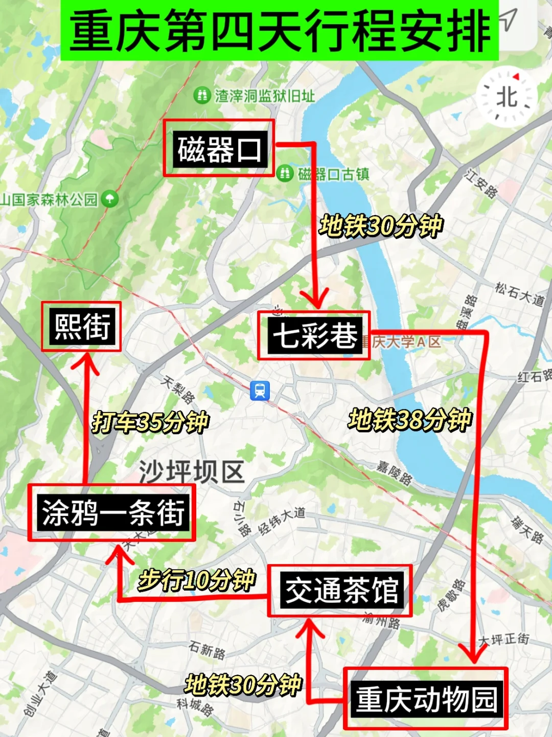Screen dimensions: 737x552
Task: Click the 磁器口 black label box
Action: click(219, 149)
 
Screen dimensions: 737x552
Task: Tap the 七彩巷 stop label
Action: click(314, 336)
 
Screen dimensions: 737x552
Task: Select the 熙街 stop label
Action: click(82, 327)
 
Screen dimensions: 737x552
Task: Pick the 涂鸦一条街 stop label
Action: click(112, 512)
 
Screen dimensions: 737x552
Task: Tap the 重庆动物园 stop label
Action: click(426, 699)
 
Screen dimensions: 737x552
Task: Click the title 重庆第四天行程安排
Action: click(280, 31)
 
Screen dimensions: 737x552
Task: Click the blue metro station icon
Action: click(260, 391)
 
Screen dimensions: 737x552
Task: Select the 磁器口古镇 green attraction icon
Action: click(285, 174)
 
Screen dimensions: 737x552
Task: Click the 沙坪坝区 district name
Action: click(191, 471)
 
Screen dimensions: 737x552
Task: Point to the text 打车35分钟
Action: click(150, 422)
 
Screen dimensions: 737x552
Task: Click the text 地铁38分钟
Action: click(410, 420)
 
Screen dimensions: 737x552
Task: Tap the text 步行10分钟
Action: click(196, 580)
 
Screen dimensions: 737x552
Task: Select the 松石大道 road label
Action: click(518, 293)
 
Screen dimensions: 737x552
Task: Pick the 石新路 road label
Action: click(206, 650)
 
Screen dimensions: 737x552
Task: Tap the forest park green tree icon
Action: click(109, 199)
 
